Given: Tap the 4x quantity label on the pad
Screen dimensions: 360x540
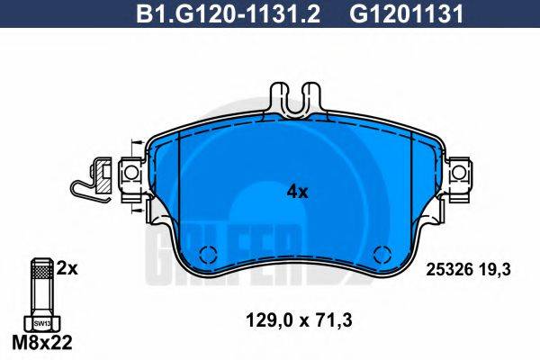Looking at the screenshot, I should (x=297, y=192).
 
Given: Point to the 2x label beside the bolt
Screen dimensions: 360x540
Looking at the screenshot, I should (x=67, y=268).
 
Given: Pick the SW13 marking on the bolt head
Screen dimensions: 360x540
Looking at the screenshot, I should (x=40, y=322).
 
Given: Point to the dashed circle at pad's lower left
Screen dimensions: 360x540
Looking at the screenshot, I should (x=207, y=254).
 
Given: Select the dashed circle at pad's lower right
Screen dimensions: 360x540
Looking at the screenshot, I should (x=378, y=254).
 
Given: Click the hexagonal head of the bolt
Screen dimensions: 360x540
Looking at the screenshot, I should (x=40, y=321).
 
